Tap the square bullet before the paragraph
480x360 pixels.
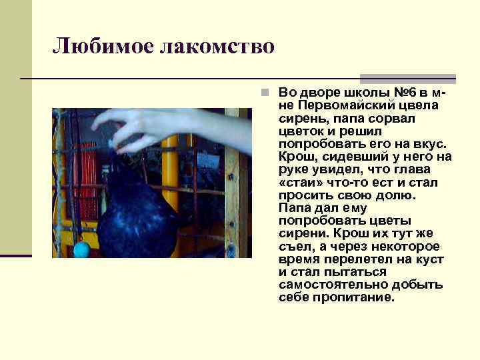265,93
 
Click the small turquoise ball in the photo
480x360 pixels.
81,249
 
